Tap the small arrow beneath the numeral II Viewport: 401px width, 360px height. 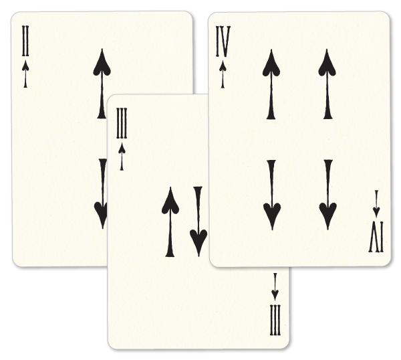(x=25, y=72)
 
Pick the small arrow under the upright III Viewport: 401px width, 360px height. (x=122, y=155)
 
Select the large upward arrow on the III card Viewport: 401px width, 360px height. (x=170, y=221)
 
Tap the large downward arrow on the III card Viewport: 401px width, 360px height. (x=198, y=220)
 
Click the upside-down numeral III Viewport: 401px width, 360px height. (x=275, y=321)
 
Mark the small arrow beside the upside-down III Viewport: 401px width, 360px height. (x=275, y=286)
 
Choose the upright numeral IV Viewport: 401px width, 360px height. (x=223, y=44)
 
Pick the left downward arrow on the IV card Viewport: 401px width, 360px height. (x=271, y=195)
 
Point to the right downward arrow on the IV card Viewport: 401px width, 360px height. (x=327, y=195)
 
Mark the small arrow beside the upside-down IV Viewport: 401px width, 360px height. (x=376, y=204)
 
